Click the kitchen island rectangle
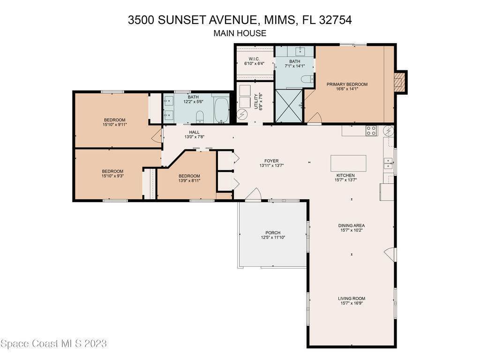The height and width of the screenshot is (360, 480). pos(348,163)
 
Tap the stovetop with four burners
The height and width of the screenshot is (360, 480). pos(371,131)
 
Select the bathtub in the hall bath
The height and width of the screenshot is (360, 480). pos(221,110)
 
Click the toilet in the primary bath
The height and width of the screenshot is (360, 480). pos(307,79)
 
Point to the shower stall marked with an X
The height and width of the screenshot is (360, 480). pos(289,105)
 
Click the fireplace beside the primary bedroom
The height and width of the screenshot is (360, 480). pos(400,82)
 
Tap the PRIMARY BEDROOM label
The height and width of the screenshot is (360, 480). pos(347,84)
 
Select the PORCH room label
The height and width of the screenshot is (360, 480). pos(273,232)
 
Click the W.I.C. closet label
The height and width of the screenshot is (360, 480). pos(254,59)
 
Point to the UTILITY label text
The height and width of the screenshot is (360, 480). pos(256,101)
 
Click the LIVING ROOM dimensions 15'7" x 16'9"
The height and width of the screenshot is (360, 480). pos(352,303)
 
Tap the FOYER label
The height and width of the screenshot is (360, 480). pos(271,161)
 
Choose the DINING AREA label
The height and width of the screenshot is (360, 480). pos(352,225)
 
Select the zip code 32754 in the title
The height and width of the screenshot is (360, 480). pos(335,20)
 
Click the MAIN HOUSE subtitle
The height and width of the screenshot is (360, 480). pos(240,33)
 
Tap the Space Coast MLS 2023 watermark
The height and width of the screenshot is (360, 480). pos(54,344)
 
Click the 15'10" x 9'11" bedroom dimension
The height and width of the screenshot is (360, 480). pos(114,125)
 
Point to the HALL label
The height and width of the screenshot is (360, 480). pos(194,132)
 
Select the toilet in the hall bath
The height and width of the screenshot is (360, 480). pos(200,117)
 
